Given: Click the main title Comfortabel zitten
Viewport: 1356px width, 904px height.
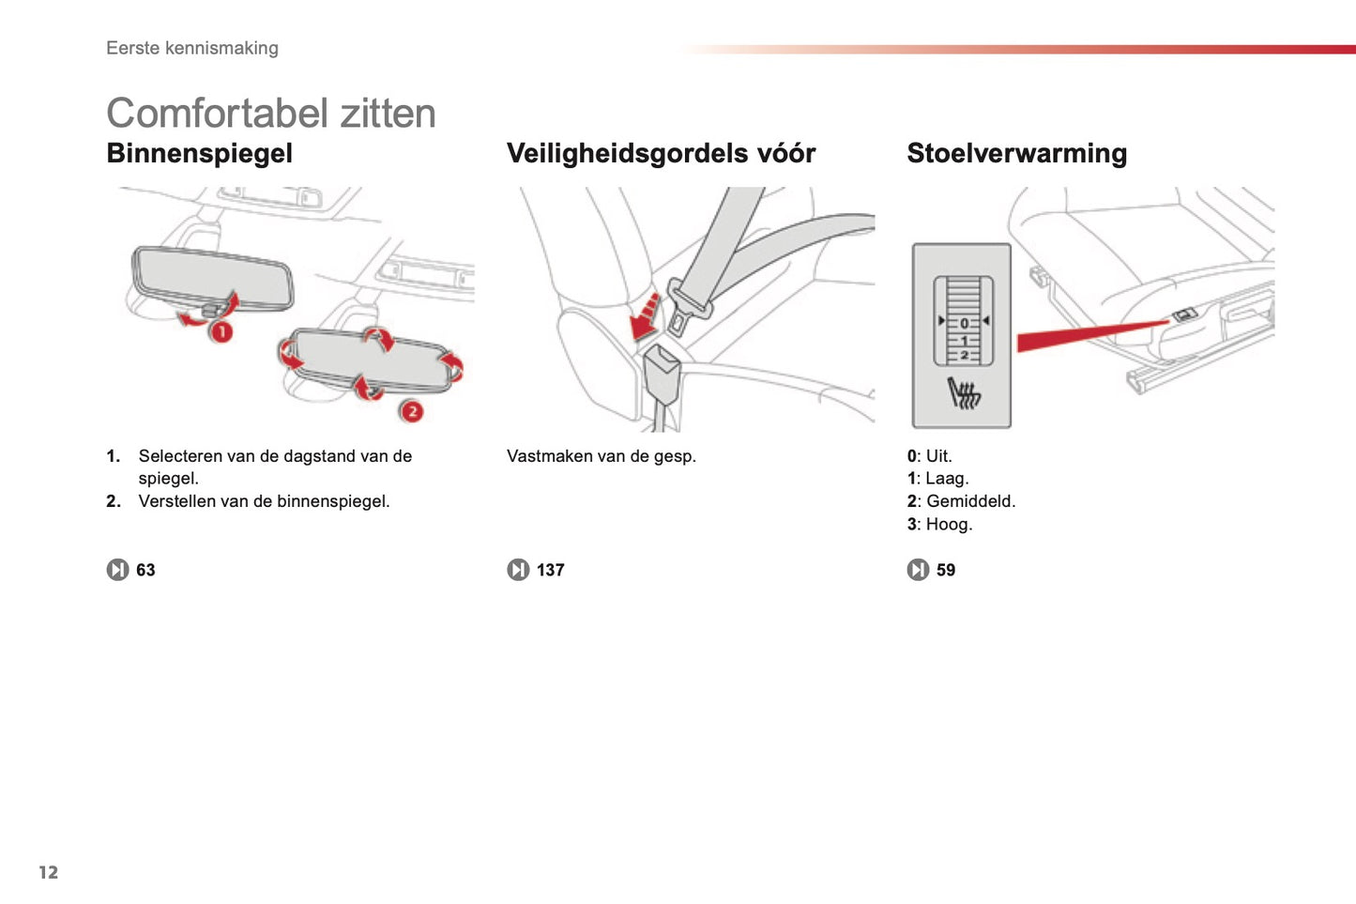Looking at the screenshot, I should pos(270,114).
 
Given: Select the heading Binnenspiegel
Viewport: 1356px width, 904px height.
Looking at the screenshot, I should pos(199,153).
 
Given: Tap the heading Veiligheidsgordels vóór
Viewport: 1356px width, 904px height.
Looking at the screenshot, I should pos(661,153).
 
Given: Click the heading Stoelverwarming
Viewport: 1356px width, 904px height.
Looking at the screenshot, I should pos(1016,153).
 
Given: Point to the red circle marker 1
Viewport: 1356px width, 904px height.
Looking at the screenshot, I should pos(221,331).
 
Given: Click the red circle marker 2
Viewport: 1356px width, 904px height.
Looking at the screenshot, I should pos(411,411).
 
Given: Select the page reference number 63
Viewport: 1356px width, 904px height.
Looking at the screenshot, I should pos(145,570).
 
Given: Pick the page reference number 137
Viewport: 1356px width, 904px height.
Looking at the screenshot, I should pos(550,570).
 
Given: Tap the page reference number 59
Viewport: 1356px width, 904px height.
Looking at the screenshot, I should pos(945,570).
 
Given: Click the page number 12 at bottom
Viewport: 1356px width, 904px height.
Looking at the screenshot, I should pos(48,872).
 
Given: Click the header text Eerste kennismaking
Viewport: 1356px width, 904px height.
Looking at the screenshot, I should pos(191,48).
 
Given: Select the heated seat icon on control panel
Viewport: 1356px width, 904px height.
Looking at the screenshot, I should pos(963,393).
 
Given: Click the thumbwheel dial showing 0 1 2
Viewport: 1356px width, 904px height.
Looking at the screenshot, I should pos(963,321).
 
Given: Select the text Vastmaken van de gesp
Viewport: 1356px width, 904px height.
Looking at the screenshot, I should pos(601,456).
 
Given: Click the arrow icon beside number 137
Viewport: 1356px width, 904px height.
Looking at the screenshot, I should pos(518,570).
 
